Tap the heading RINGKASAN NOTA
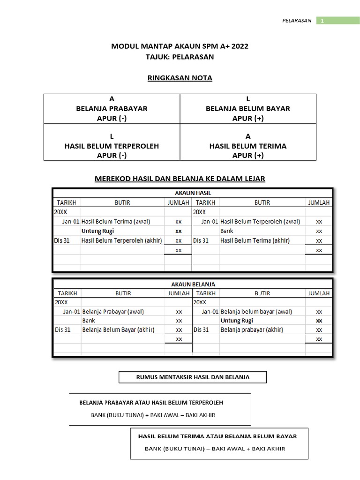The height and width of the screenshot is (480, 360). pyautogui.click(x=180, y=78)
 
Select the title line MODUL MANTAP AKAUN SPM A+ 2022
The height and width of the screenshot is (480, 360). pyautogui.click(x=180, y=46)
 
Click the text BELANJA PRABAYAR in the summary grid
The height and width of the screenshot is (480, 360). pyautogui.click(x=112, y=108)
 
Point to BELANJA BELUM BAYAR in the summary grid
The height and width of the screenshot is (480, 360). pyautogui.click(x=248, y=108)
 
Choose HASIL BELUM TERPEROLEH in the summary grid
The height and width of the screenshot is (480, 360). pyautogui.click(x=112, y=146)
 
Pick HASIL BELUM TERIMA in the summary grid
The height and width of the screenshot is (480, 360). pyautogui.click(x=248, y=146)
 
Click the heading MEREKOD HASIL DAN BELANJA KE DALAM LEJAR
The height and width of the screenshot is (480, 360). pyautogui.click(x=180, y=179)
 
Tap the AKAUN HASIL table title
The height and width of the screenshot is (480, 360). pyautogui.click(x=193, y=193)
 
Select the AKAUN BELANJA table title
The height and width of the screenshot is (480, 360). pyautogui.click(x=193, y=284)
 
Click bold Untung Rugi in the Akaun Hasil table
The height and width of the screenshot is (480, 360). pyautogui.click(x=97, y=231)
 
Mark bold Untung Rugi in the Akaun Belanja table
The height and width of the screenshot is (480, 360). pyautogui.click(x=237, y=321)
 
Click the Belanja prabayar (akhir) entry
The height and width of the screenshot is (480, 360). pyautogui.click(x=252, y=330)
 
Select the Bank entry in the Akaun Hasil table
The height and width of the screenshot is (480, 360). pyautogui.click(x=227, y=231)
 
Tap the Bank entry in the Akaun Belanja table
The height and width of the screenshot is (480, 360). pyautogui.click(x=89, y=321)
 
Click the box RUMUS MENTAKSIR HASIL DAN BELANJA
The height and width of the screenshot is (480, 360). pyautogui.click(x=192, y=377)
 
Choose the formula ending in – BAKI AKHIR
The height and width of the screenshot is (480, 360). pyautogui.click(x=153, y=415)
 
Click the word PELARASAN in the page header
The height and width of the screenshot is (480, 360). pyautogui.click(x=297, y=21)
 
